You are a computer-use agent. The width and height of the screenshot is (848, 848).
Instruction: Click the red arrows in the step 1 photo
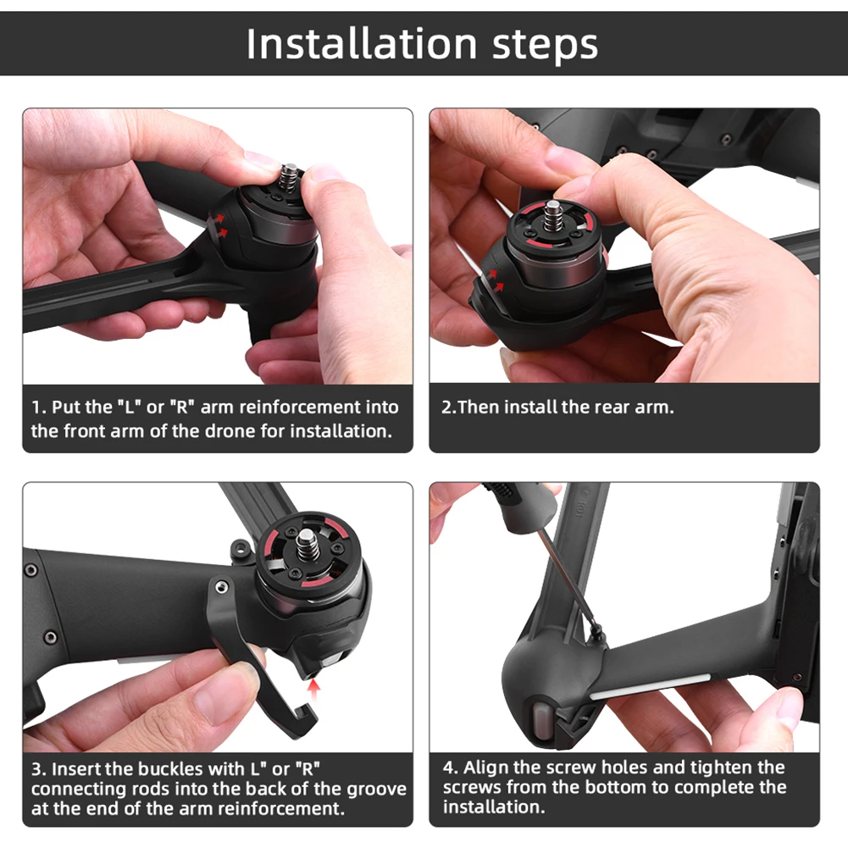(x=219, y=222)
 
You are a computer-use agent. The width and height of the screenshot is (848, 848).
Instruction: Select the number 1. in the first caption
(x=39, y=407)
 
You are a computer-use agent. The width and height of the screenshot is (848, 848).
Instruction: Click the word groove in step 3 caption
(x=379, y=789)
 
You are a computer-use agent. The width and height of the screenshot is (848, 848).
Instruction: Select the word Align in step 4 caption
(x=485, y=768)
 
